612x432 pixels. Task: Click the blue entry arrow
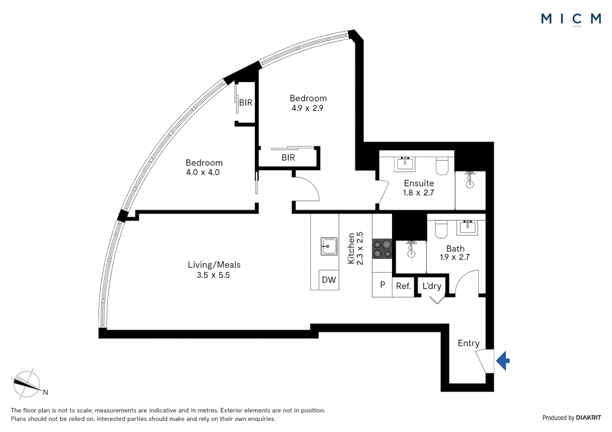503,360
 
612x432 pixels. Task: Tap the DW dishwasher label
329,280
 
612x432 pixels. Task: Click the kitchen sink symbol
329,246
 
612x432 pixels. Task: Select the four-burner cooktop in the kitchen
382,249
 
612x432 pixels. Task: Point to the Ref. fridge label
403,286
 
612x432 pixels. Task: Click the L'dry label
432,286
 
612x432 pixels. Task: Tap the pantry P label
382,285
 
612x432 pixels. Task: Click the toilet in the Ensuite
442,166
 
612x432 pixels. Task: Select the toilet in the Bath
441,229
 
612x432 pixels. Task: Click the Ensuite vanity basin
405,163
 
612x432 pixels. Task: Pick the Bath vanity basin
467,227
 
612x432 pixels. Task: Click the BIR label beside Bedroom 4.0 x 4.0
246,103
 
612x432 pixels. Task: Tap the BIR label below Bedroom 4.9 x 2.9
288,158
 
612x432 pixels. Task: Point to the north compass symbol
27,384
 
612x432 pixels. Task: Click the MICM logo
571,19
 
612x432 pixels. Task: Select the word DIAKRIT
588,418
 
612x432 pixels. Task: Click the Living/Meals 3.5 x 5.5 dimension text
213,275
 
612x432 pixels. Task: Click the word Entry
468,343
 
